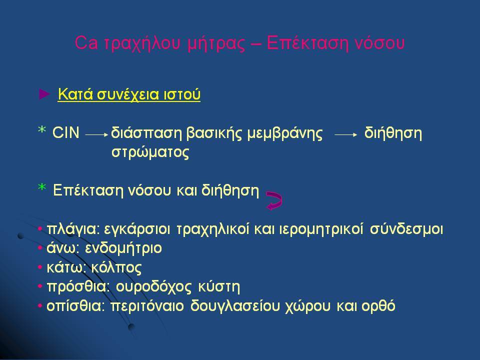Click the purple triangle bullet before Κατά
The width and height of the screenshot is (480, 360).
tap(44, 94)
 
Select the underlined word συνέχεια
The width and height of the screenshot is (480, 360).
tap(128, 94)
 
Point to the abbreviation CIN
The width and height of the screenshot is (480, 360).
tap(66, 133)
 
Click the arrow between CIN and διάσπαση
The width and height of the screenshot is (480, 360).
tap(96, 134)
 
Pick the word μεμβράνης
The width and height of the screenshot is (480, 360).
tap(284, 134)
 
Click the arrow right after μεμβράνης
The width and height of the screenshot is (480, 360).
tap(346, 134)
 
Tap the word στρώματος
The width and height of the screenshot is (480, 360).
tap(150, 152)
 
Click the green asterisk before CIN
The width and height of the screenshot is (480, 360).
tap(42, 130)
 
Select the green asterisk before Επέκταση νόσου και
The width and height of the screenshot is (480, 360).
tap(42, 187)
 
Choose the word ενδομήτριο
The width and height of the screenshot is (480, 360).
tap(123, 248)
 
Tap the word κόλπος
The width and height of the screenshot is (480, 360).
tap(116, 268)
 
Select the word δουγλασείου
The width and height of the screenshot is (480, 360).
tap(235, 306)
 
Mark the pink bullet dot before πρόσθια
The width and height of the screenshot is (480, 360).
tap(40, 287)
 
